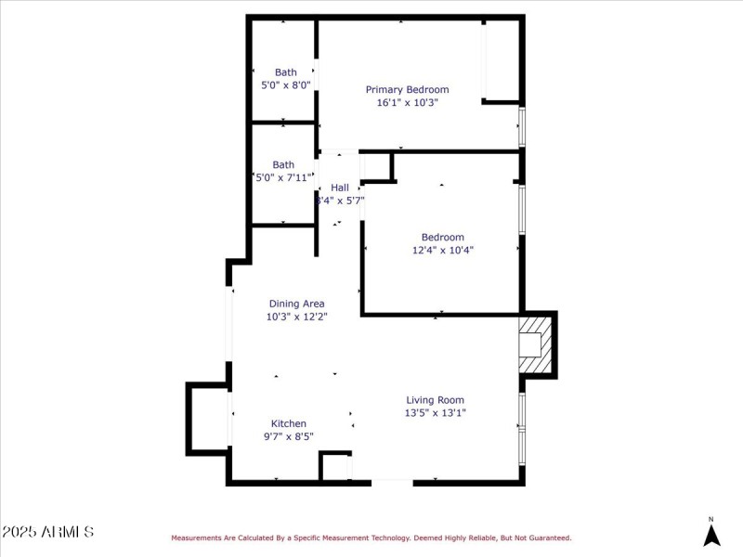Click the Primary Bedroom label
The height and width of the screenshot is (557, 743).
[407, 90]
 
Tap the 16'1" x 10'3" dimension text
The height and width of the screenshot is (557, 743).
[407, 103]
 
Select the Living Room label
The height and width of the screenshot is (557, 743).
[435, 400]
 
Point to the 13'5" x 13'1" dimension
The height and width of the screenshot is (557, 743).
[435, 413]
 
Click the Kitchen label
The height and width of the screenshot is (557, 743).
[288, 423]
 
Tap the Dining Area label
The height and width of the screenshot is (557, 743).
[296, 304]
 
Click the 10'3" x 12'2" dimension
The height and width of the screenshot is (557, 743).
[296, 317]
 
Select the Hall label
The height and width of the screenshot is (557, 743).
[340, 188]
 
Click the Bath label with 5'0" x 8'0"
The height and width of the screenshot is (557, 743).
[285, 72]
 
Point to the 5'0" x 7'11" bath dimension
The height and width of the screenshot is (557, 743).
[284, 177]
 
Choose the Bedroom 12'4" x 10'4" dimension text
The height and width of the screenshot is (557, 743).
[443, 250]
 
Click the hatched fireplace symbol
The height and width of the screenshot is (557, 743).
[535, 344]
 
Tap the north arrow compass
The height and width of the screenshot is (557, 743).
[711, 534]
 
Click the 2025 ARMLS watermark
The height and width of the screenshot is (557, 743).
[47, 532]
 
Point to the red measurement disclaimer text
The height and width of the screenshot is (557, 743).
[371, 538]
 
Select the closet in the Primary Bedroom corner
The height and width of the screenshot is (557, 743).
[502, 60]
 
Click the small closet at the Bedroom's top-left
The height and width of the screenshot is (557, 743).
[376, 166]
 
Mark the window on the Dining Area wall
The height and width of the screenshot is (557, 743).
[228, 324]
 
